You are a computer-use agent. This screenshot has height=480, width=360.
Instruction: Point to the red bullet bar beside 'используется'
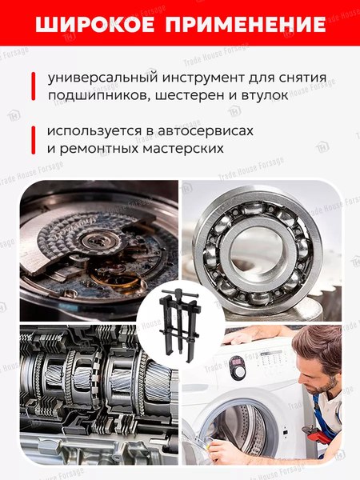tap(33, 139)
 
